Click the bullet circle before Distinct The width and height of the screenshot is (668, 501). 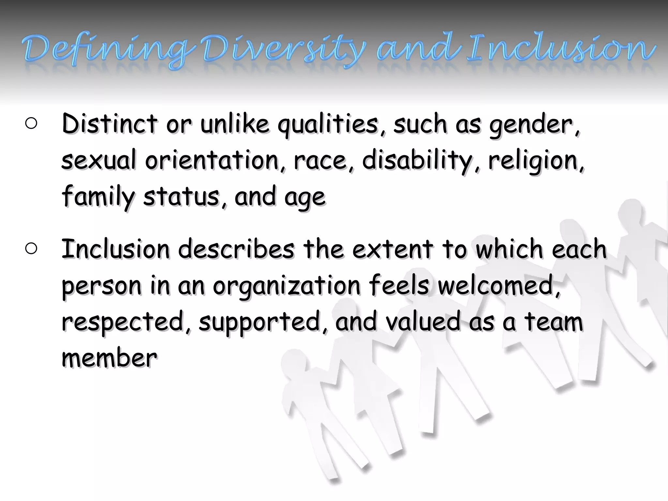pyautogui.click(x=31, y=124)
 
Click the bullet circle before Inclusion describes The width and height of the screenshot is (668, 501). pyautogui.click(x=31, y=249)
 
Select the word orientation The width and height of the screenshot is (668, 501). pyautogui.click(x=212, y=160)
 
